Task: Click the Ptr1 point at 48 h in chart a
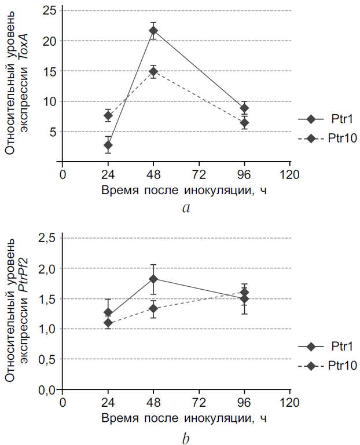click(153, 31)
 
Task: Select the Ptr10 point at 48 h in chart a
click(153, 71)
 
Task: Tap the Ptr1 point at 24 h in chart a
click(108, 145)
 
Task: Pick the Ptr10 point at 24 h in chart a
click(108, 115)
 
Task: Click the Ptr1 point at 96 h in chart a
click(244, 108)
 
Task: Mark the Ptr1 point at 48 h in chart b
click(153, 279)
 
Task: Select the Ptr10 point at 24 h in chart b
click(108, 323)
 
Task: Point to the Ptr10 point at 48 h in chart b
click(153, 308)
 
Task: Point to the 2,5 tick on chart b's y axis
click(46, 238)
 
